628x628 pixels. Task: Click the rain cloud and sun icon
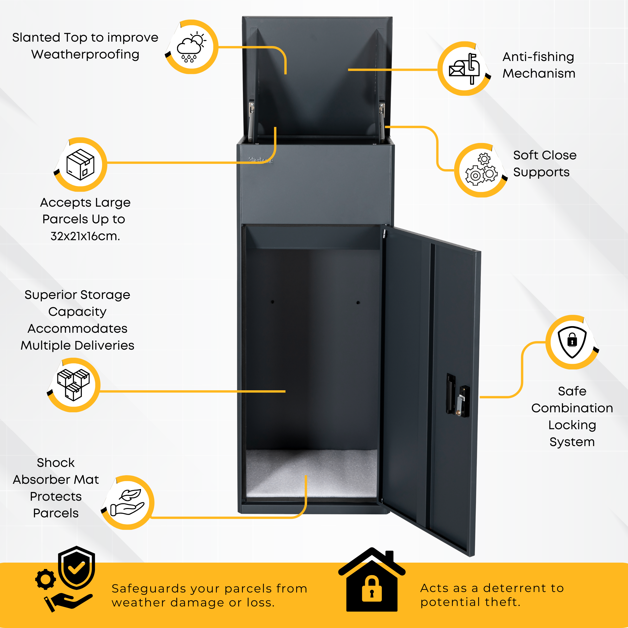pos(191,47)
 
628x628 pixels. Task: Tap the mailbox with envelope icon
pos(464,69)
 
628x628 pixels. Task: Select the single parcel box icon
pos(80,165)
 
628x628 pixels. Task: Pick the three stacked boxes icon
pos(73,385)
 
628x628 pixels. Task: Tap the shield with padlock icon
pos(572,342)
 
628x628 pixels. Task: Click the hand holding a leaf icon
pos(127,503)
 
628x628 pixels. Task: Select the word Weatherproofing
pos(85,54)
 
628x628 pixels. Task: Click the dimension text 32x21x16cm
pos(85,236)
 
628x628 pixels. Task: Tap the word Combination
pos(572,408)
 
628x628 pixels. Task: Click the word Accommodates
pos(77,328)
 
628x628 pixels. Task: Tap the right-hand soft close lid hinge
pos(382,120)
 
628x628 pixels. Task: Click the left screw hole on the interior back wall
pos(273,302)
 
